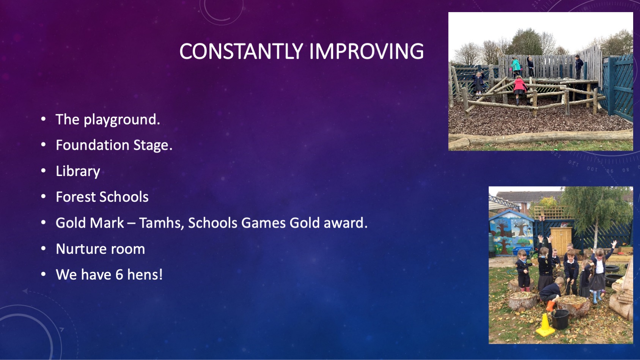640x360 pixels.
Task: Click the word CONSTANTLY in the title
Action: tap(241, 51)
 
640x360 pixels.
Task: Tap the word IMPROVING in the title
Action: tap(366, 51)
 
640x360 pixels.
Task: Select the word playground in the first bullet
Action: tap(122, 120)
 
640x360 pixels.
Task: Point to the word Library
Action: tap(78, 171)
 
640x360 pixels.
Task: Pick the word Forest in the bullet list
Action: tap(75, 197)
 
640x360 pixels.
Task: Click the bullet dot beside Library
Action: tap(43, 171)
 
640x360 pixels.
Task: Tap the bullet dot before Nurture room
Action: tap(43, 249)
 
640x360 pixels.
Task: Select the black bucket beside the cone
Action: tap(560, 319)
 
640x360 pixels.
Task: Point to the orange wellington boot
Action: tap(550, 306)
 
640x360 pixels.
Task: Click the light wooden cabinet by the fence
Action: tap(561, 240)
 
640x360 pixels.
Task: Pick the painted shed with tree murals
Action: tap(511, 233)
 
